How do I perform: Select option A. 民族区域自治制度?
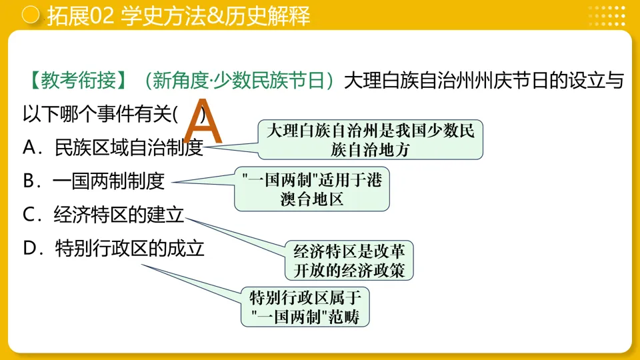[x=113, y=147]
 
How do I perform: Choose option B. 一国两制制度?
[x=93, y=181]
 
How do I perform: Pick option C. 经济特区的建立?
[x=103, y=215]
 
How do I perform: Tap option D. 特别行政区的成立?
[x=113, y=249]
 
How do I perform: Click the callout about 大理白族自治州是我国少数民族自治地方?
[x=370, y=139]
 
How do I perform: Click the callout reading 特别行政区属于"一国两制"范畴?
[x=305, y=307]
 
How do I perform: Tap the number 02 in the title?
[x=101, y=16]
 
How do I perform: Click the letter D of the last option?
[x=30, y=249]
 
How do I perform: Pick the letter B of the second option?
[x=29, y=181]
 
